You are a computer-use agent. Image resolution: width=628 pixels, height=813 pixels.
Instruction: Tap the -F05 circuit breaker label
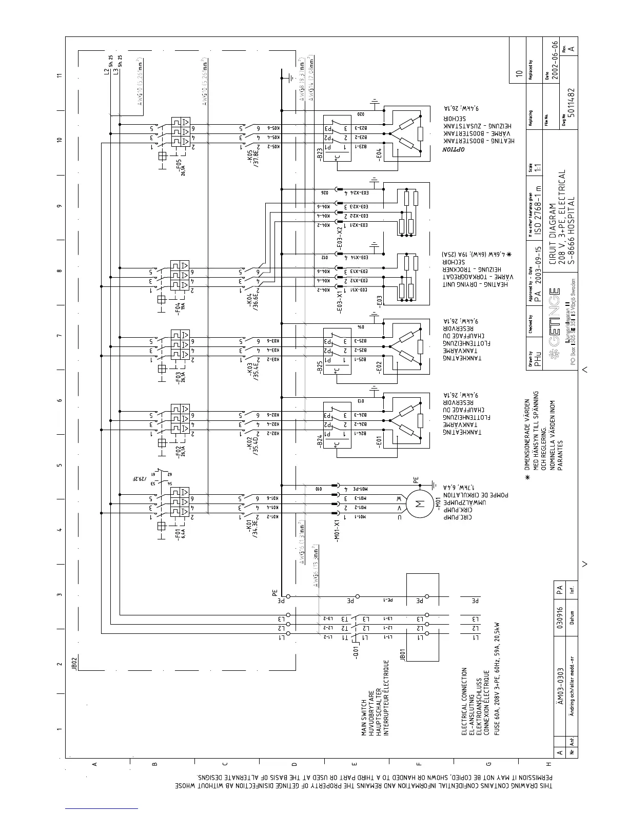point(180,165)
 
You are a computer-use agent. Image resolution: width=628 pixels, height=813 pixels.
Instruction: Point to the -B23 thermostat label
point(320,154)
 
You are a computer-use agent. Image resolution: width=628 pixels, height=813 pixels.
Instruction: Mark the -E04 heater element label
point(379,154)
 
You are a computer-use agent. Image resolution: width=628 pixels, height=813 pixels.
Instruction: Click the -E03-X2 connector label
point(340,237)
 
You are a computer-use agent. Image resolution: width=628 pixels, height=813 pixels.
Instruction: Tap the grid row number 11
point(60,75)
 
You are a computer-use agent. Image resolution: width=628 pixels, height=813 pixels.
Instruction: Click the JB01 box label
point(403,654)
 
